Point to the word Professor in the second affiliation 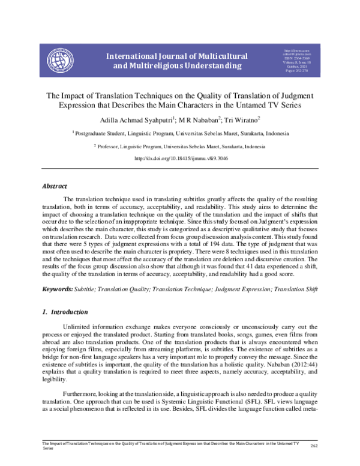pos(113,146)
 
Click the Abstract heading pos(54,187)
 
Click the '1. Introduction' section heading pos(65,312)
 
